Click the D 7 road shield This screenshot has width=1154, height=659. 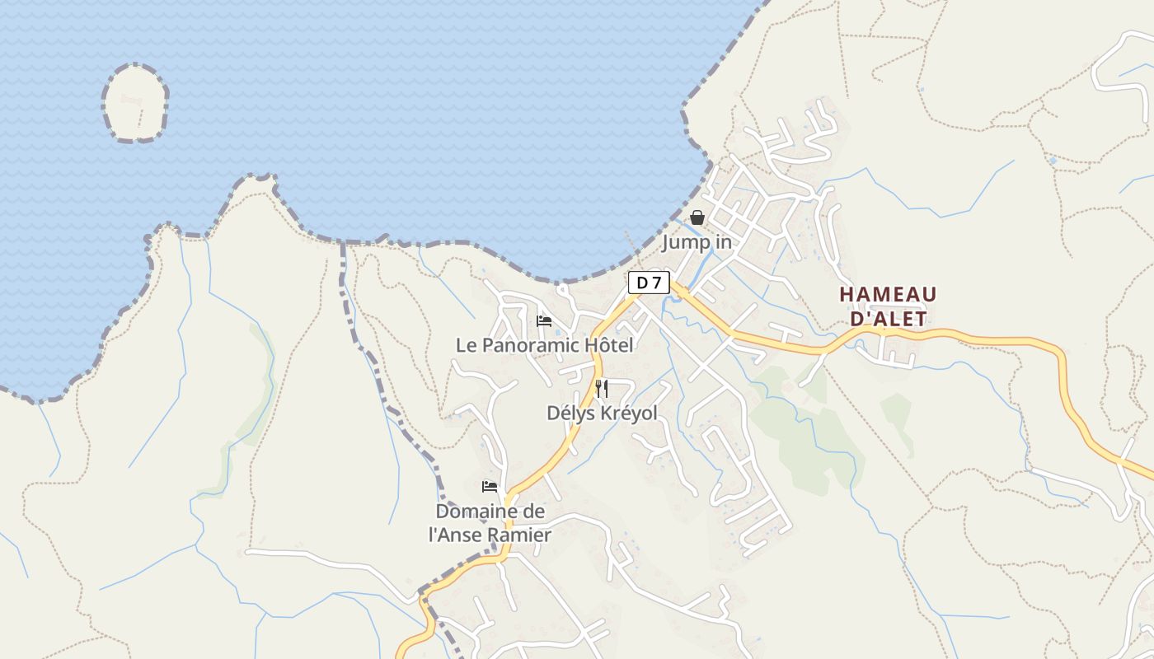point(649,283)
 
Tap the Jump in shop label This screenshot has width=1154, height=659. point(697,242)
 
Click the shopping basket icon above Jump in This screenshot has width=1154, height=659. point(697,217)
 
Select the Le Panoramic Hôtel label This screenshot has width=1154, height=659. point(545,345)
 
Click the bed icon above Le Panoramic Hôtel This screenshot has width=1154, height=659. point(544,320)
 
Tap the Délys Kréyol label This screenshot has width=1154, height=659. point(602,413)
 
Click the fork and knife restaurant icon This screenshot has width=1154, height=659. point(602,389)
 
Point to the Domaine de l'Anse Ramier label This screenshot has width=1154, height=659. point(490,523)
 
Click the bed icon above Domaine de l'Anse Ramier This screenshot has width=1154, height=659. point(490,486)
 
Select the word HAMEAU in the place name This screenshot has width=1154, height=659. point(888,294)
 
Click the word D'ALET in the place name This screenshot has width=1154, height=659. point(888,318)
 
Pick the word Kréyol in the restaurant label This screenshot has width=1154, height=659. point(630,413)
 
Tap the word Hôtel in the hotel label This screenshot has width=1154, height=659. point(609,345)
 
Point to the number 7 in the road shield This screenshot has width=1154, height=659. point(656,283)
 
